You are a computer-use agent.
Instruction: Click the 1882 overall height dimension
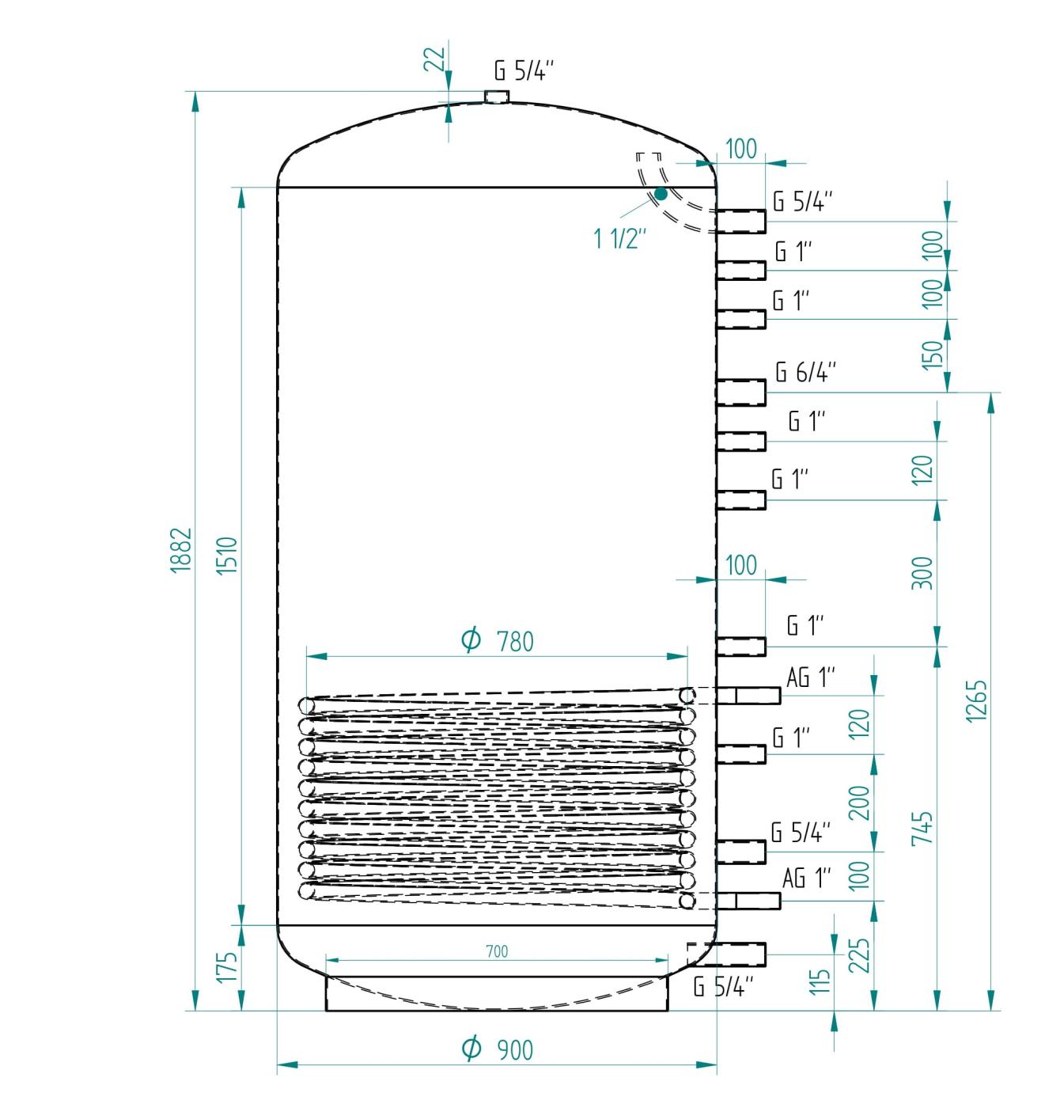click(x=181, y=549)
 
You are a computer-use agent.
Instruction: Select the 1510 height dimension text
click(x=227, y=556)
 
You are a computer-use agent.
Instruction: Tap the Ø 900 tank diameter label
click(x=497, y=1049)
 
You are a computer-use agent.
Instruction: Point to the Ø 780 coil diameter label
click(x=497, y=640)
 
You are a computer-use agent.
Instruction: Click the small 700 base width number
click(x=497, y=951)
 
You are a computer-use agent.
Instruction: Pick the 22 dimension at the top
click(x=434, y=59)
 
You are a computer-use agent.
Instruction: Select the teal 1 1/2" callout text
click(x=620, y=239)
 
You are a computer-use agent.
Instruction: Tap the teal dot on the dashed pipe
click(x=661, y=194)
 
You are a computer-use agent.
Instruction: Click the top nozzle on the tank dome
click(x=497, y=97)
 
